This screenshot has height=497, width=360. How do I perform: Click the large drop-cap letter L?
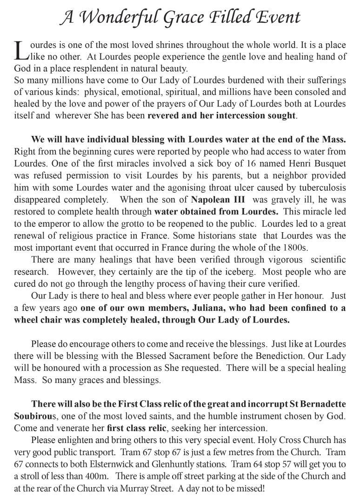click(x=21, y=51)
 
